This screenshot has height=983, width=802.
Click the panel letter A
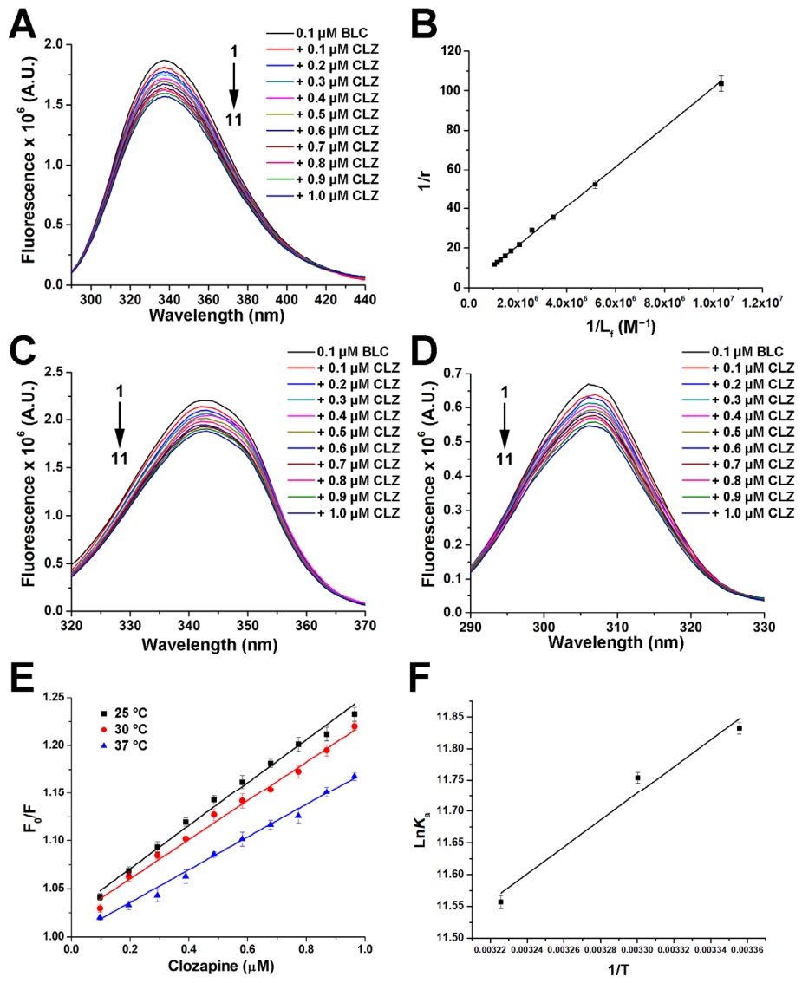point(25,23)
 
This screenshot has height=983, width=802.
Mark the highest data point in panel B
point(720,84)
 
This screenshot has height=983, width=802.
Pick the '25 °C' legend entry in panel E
point(127,713)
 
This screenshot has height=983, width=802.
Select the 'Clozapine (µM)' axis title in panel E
point(217,970)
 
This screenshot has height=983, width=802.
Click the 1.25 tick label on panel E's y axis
point(49,697)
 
